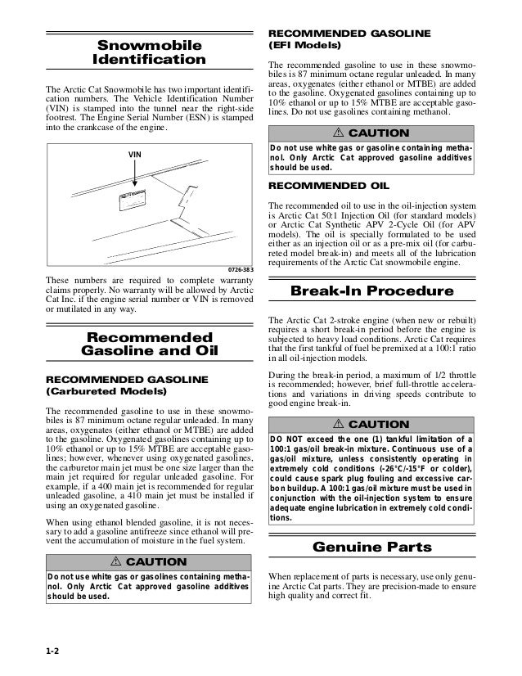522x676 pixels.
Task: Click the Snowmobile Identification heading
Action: [149, 52]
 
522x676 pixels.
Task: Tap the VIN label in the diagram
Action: [135, 154]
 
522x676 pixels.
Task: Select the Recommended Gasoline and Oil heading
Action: [149, 345]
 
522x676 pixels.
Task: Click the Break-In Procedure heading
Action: [372, 292]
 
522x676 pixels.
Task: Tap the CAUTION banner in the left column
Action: [149, 562]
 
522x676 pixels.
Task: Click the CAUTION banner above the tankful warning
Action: [372, 425]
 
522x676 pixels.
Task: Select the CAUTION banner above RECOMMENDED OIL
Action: [372, 133]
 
